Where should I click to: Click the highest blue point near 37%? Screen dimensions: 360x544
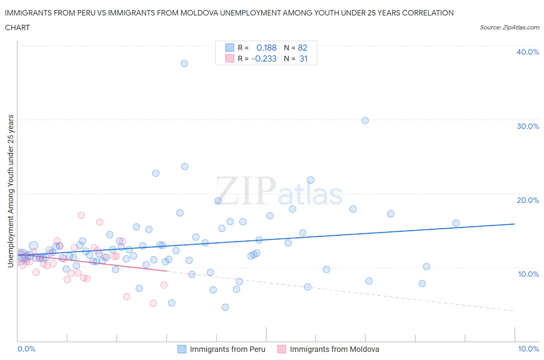[184, 63]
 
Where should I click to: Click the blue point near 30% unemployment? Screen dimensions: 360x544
[365, 120]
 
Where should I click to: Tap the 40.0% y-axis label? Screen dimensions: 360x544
[527, 52]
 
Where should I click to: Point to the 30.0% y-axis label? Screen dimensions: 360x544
[527, 126]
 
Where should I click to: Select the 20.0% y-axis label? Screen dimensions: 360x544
[527, 200]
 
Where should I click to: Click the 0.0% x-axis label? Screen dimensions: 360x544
[26, 349]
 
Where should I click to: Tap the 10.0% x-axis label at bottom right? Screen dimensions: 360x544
[528, 349]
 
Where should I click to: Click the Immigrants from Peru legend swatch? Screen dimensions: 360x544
[182, 349]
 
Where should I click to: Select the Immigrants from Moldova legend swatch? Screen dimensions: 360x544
[282, 349]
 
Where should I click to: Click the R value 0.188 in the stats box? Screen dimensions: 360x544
[266, 48]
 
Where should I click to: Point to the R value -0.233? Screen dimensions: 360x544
[264, 58]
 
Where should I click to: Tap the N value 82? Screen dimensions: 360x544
[303, 48]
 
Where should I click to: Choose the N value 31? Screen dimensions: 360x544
[303, 58]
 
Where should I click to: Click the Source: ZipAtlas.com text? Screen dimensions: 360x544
[509, 27]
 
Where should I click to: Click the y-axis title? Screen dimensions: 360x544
[10, 191]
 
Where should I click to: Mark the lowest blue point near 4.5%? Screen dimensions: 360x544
[225, 307]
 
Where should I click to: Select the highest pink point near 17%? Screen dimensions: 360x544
[81, 215]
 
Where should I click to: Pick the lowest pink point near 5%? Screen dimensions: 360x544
[153, 303]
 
